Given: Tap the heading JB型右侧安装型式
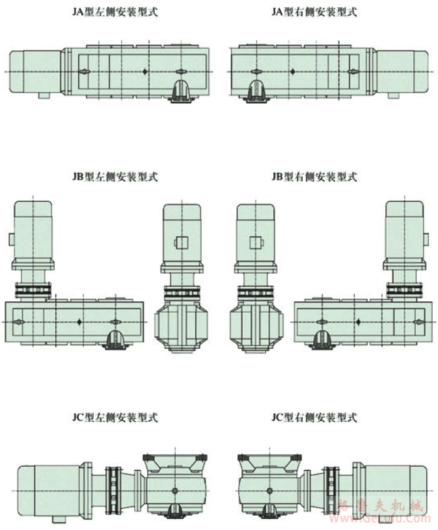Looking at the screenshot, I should [x=314, y=177].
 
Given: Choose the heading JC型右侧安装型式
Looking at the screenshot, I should [x=314, y=418].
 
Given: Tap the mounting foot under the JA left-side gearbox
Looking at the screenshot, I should [x=182, y=91].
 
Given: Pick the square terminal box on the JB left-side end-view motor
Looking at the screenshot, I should [x=182, y=243].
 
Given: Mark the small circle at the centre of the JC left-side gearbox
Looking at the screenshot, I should [x=174, y=490].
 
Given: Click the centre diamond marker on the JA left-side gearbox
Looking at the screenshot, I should [x=144, y=70].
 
